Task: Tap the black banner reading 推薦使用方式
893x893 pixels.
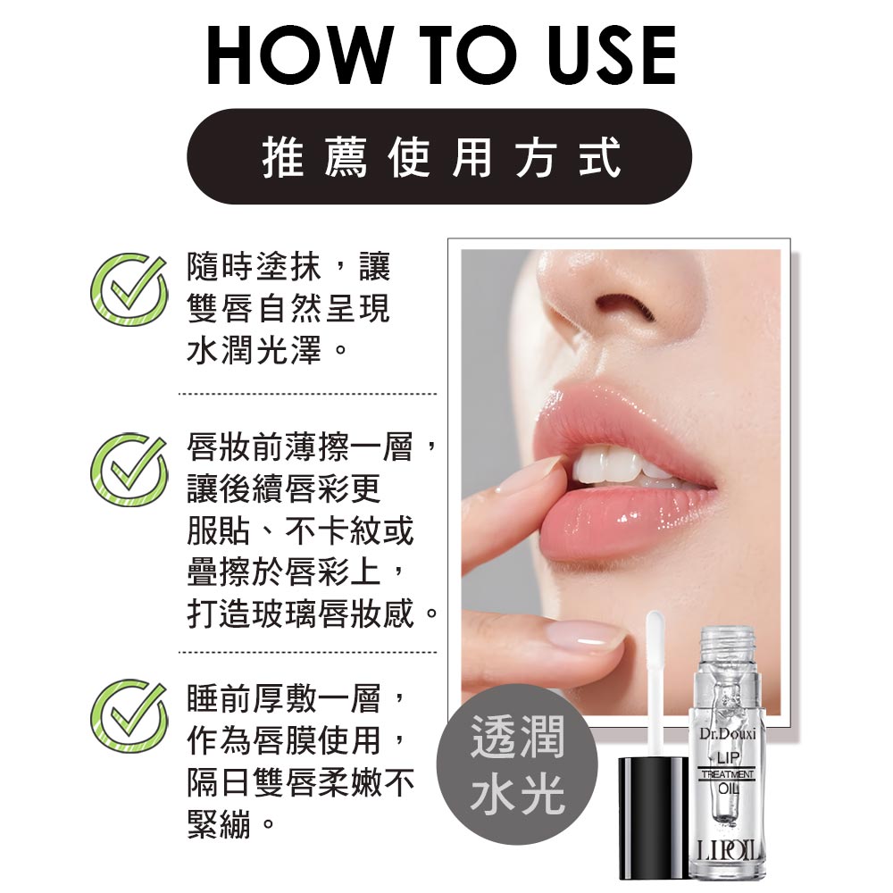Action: pyautogui.click(x=439, y=156)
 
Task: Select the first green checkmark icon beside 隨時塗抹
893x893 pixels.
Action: pyautogui.click(x=129, y=289)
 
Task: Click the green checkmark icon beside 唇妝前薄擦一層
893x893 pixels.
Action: pyautogui.click(x=129, y=470)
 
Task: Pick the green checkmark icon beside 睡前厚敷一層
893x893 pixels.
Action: pyautogui.click(x=129, y=715)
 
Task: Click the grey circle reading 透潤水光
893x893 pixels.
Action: pyautogui.click(x=517, y=764)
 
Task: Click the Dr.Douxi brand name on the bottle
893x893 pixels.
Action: pyautogui.click(x=727, y=733)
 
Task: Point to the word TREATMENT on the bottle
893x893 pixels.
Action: pyautogui.click(x=728, y=774)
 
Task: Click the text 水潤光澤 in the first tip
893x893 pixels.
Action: pyautogui.click(x=255, y=350)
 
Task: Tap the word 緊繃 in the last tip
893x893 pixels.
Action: pyautogui.click(x=220, y=823)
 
